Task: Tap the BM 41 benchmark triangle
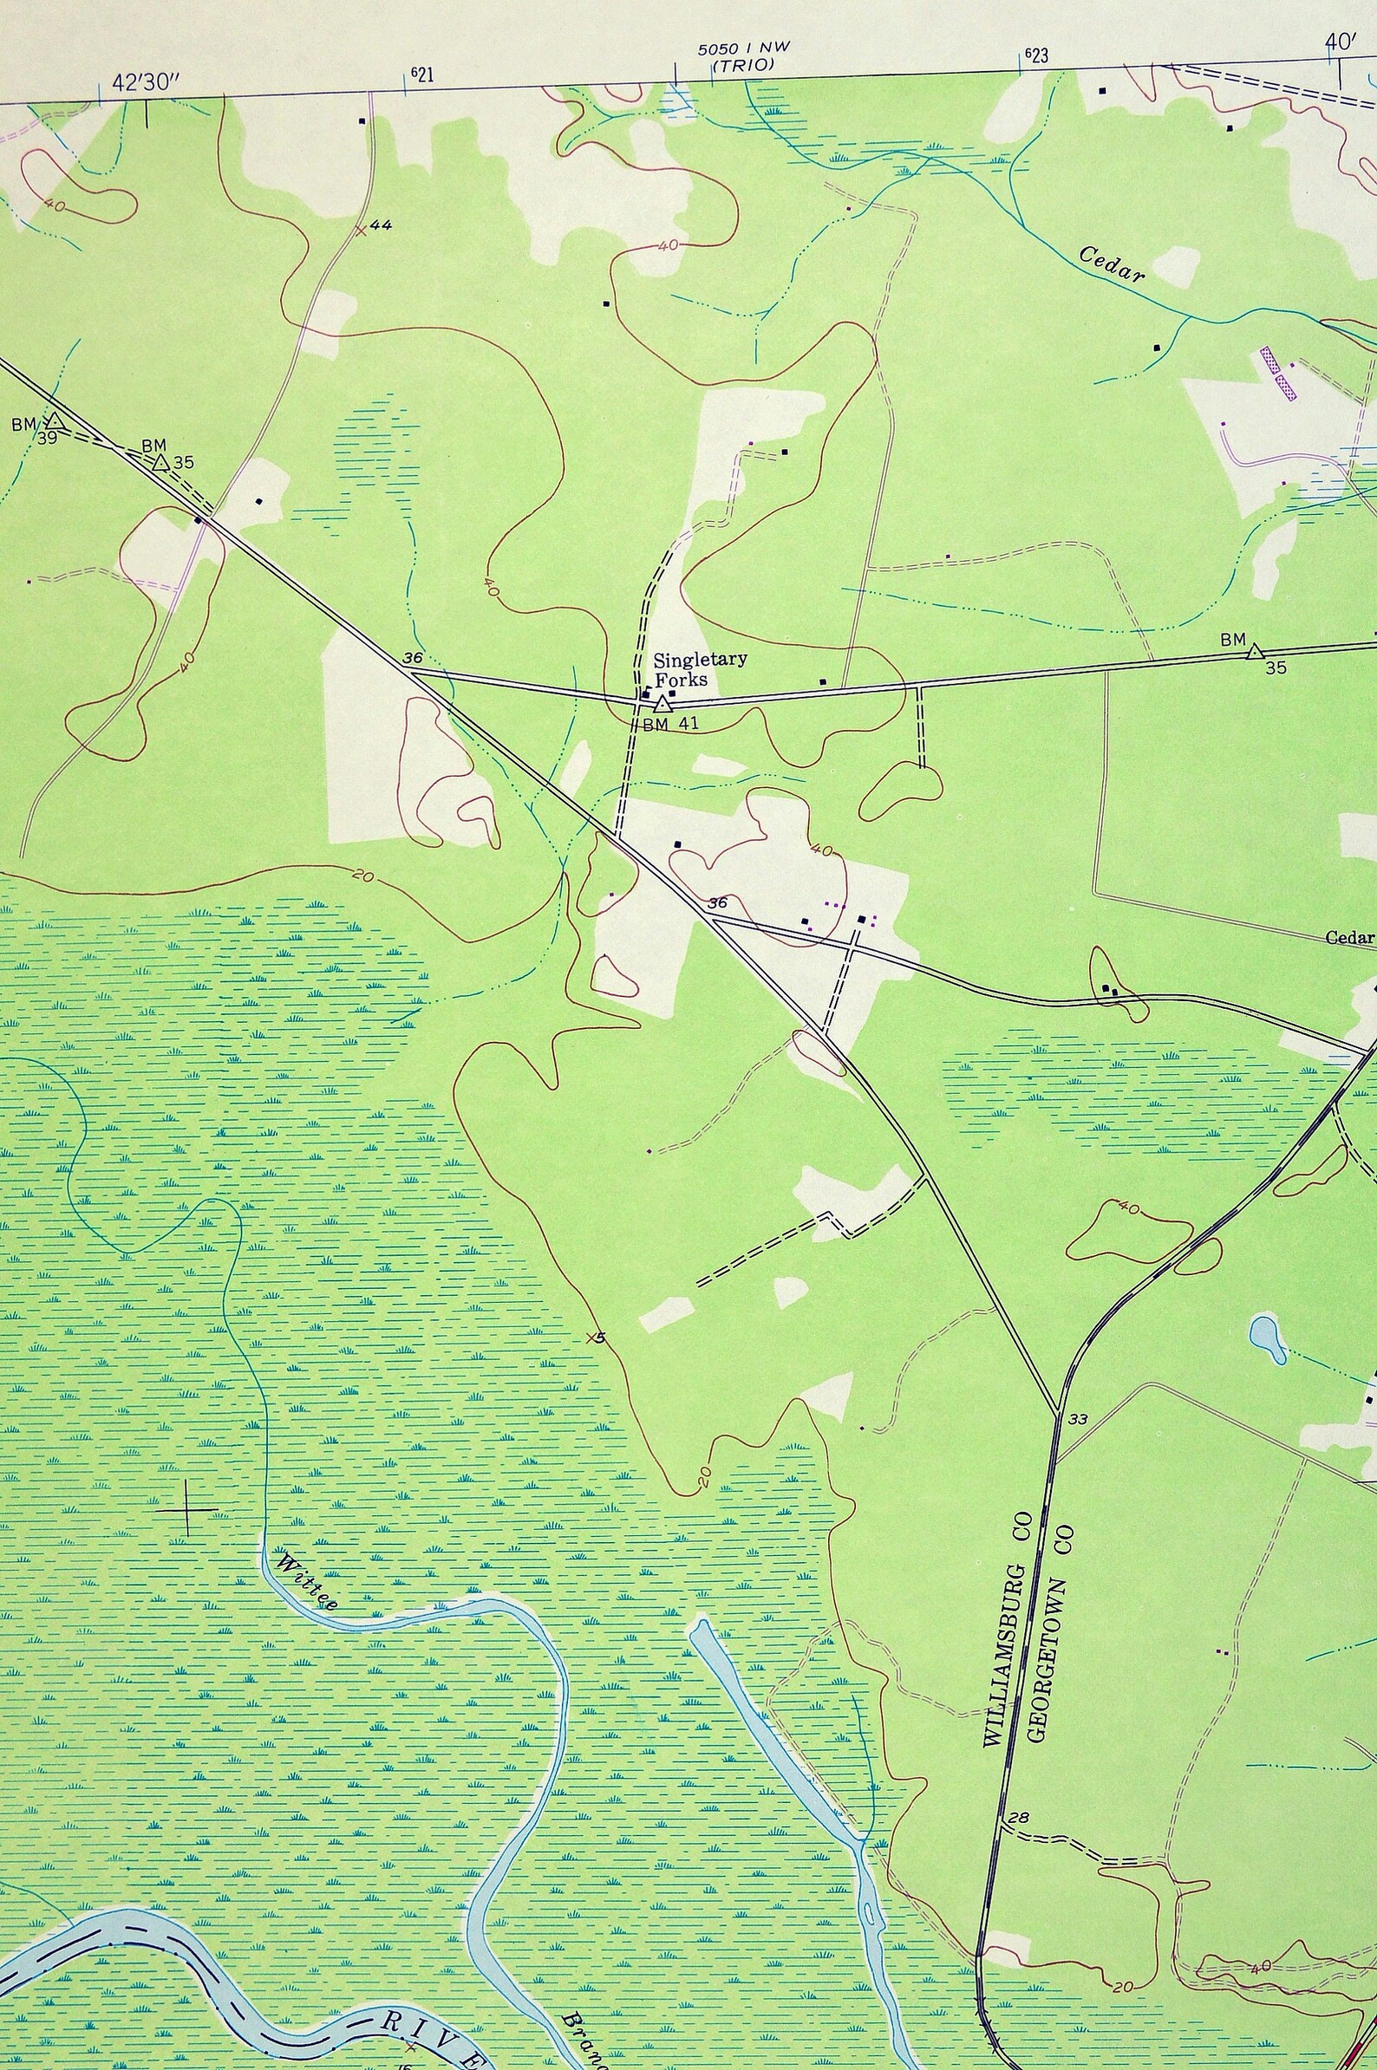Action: [x=664, y=703]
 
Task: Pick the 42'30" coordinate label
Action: [x=145, y=82]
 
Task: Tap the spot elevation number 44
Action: [x=381, y=225]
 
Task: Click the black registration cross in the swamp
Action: [x=188, y=1508]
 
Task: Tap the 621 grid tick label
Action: [x=421, y=75]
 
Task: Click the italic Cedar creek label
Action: [x=1112, y=263]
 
